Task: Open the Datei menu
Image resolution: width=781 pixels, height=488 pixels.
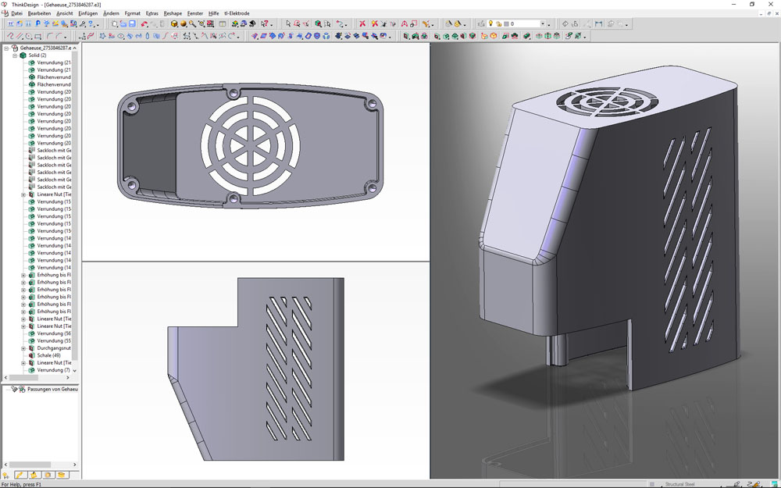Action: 16,13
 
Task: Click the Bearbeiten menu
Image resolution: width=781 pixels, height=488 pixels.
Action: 39,13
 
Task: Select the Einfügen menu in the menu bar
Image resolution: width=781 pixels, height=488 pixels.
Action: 87,13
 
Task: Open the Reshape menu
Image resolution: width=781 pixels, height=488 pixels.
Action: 173,13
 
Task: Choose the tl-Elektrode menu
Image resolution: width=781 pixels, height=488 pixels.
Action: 237,13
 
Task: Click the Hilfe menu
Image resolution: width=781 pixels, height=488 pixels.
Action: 213,13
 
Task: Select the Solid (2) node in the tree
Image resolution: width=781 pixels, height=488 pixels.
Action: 37,55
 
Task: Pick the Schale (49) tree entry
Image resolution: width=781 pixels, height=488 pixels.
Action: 48,355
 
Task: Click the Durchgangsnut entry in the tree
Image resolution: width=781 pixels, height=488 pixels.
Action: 54,348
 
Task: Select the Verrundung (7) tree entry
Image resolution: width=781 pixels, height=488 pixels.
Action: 54,370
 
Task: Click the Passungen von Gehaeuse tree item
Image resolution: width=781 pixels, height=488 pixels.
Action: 52,389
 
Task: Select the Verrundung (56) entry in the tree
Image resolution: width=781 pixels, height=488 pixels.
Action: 54,333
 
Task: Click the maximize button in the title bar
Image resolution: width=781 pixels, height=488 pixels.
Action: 752,4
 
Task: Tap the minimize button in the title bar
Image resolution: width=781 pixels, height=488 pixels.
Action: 732,4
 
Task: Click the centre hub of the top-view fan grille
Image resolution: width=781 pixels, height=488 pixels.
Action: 250,146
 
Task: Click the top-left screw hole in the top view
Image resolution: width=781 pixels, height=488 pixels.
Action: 132,104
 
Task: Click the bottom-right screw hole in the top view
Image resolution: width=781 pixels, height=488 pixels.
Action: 372,189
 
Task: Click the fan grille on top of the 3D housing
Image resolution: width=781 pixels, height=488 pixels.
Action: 607,101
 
